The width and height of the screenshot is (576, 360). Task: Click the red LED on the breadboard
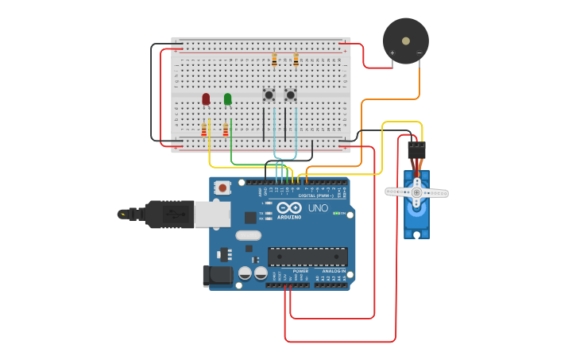coord(206,99)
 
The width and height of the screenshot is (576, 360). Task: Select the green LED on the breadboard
coord(227,99)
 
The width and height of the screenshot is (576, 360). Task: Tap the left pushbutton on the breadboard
coord(269,95)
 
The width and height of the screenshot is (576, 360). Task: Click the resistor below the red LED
coord(204,130)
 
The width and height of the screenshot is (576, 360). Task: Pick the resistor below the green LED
coord(226,130)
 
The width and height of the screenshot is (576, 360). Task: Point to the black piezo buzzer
coord(406,41)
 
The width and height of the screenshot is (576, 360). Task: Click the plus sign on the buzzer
coord(392,53)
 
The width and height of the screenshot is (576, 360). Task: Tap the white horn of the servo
coord(416,192)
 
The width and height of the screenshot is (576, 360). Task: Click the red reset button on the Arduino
coord(223,188)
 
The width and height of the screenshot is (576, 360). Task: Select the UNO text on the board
coord(318,208)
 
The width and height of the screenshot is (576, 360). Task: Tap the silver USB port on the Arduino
coord(212,214)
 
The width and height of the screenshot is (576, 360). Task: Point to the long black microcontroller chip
coord(307,257)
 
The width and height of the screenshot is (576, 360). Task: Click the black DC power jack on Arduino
coord(217,276)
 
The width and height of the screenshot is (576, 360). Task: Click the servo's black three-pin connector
coord(416,150)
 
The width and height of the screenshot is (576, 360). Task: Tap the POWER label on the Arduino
coord(300,271)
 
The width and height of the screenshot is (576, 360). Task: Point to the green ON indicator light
coord(336,213)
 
